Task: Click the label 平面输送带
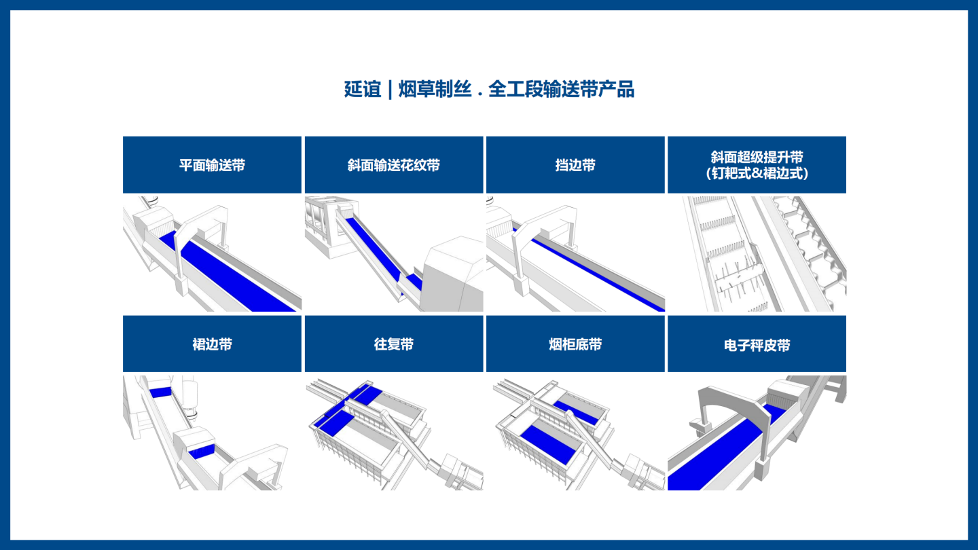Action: click(212, 166)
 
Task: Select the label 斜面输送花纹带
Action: click(394, 166)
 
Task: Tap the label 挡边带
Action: click(575, 166)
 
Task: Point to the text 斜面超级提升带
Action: click(757, 157)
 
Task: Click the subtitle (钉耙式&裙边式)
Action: click(757, 173)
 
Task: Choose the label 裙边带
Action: click(212, 344)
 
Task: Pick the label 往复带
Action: click(394, 344)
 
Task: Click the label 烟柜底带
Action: click(575, 344)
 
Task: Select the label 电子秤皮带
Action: click(757, 345)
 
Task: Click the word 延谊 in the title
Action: click(363, 90)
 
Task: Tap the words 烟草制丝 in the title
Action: click(435, 90)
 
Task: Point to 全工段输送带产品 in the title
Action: click(561, 90)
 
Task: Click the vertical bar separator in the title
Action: click(390, 90)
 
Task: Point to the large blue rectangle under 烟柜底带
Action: click(548, 444)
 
